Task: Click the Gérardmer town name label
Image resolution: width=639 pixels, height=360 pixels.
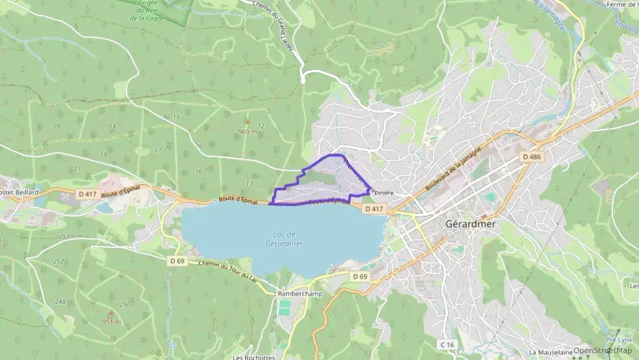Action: [470, 223]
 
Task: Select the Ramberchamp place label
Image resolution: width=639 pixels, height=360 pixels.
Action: [298, 294]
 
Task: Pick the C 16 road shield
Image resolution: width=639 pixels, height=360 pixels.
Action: [447, 344]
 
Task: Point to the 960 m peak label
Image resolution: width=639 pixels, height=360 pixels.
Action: [246, 131]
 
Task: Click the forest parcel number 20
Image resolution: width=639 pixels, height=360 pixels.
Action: [56, 126]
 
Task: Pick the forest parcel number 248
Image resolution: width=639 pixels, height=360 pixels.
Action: [60, 301]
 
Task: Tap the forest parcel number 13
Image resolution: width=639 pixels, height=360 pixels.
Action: [249, 183]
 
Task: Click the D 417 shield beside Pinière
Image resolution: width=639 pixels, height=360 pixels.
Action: [375, 208]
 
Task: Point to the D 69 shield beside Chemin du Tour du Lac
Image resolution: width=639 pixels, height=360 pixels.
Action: [177, 260]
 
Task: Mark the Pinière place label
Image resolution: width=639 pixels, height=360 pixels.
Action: [384, 193]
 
